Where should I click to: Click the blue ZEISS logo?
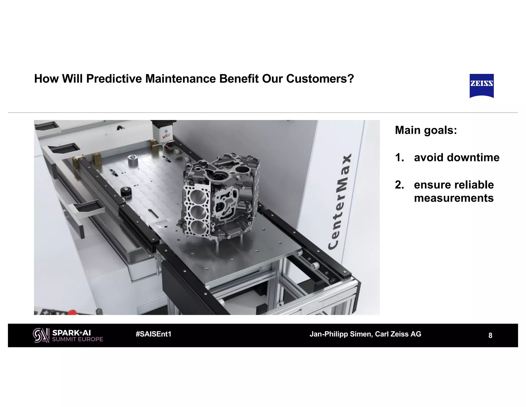click(482, 85)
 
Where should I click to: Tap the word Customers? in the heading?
click(320, 79)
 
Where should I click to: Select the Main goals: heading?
click(426, 130)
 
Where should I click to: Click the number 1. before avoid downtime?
click(399, 157)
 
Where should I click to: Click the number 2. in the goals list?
click(399, 185)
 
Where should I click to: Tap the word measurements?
click(454, 198)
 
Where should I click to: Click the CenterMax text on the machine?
click(340, 202)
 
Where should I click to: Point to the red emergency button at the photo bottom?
click(72, 312)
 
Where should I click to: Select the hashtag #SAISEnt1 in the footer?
click(153, 334)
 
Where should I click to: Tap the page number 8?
click(490, 335)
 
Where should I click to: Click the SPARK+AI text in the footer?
click(71, 333)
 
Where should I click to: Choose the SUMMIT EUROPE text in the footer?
click(77, 339)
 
